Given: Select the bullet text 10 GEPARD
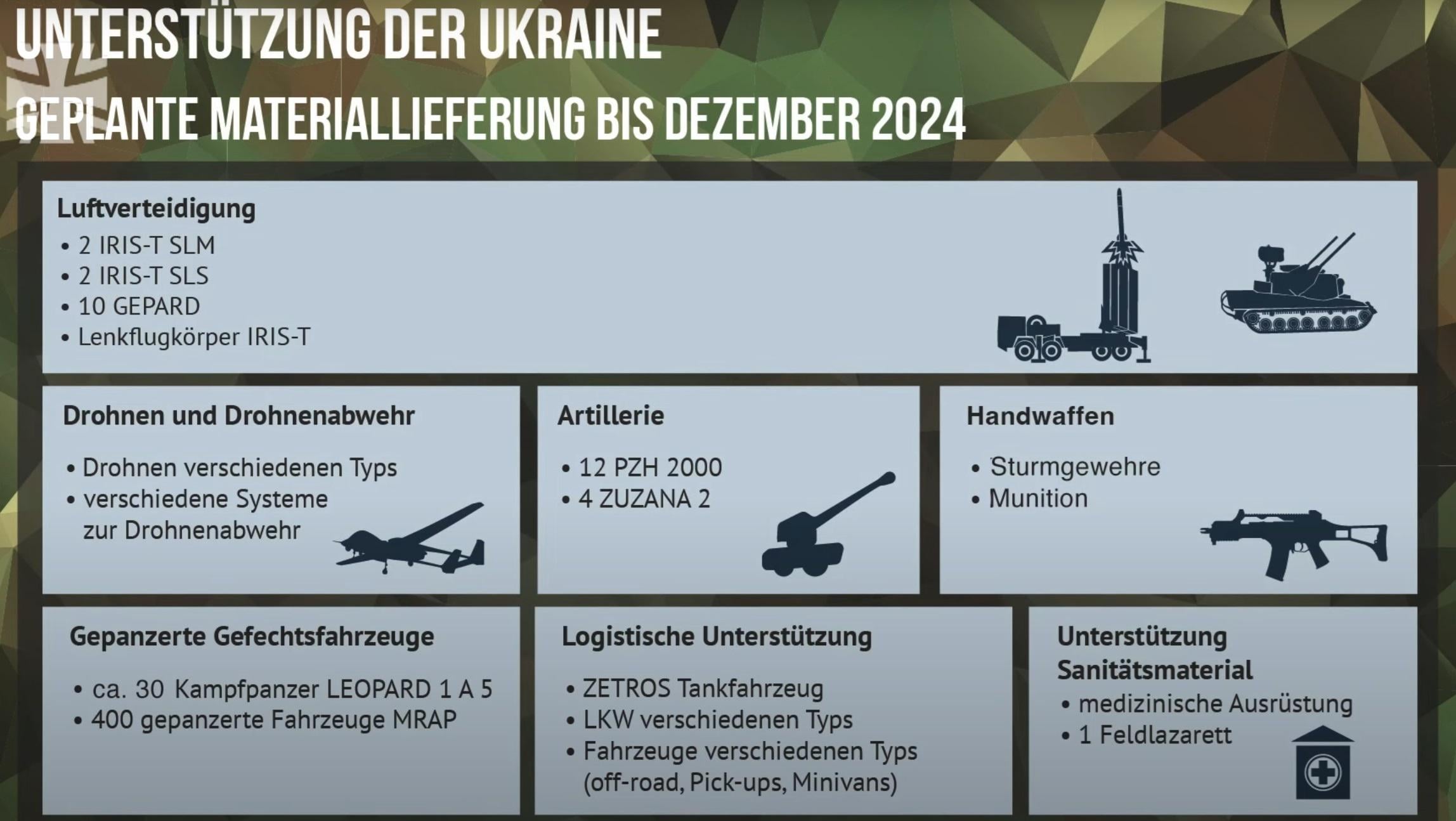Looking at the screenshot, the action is click(139, 306).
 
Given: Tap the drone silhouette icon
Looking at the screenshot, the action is click(410, 539).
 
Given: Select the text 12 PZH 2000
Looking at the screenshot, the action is click(650, 468).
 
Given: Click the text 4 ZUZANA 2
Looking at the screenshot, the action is click(644, 499).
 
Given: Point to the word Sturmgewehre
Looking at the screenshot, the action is click(1075, 467).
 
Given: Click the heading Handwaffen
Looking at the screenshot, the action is click(1040, 416).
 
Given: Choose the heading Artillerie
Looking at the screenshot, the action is click(611, 416).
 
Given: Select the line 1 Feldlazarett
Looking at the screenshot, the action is click(1155, 735).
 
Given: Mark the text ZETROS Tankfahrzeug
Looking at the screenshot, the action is click(703, 688).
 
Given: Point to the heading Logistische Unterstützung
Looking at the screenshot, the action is click(717, 637).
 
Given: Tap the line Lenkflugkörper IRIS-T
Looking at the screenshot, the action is click(194, 337).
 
